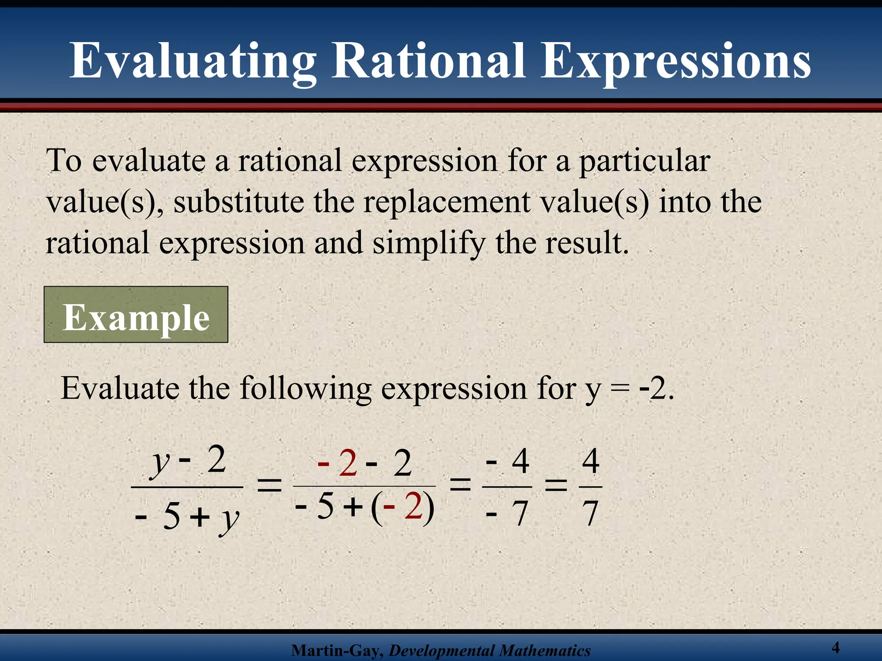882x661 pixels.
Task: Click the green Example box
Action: click(136, 315)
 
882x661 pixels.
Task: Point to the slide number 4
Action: click(835, 647)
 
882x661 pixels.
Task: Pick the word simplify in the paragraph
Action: click(429, 244)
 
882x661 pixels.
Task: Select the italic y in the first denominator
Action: click(229, 518)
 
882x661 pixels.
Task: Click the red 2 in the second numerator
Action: click(348, 463)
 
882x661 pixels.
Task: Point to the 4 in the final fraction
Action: click(590, 461)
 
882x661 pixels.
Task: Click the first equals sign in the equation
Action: click(269, 487)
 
